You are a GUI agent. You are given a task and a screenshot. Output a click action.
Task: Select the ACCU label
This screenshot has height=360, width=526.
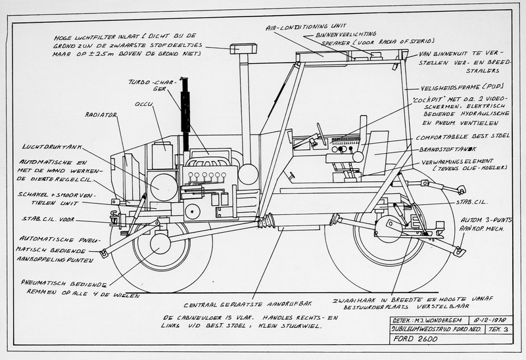143,103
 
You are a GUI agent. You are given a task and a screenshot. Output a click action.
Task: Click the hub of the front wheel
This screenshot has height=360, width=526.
161,243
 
